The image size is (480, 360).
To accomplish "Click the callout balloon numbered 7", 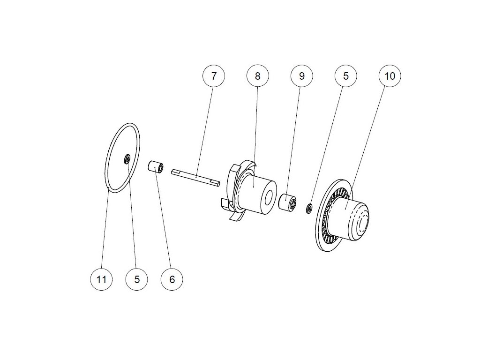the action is point(214,76).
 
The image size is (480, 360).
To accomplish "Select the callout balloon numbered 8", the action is point(257,76).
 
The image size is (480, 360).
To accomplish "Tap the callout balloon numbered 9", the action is point(301,76).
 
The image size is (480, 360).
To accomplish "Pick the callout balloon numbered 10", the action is point(390,76).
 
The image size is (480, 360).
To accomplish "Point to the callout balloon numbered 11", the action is point(101,279).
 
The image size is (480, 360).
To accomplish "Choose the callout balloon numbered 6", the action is point(172,279).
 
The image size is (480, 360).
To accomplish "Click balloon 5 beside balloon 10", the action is point(346,76).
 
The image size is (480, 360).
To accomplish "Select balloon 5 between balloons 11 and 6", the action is point(137,279).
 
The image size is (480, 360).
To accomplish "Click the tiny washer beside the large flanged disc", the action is point(309,208).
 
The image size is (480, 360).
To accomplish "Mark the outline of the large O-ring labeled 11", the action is point(139,141).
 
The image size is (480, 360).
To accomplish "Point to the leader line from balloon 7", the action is point(205,127).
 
